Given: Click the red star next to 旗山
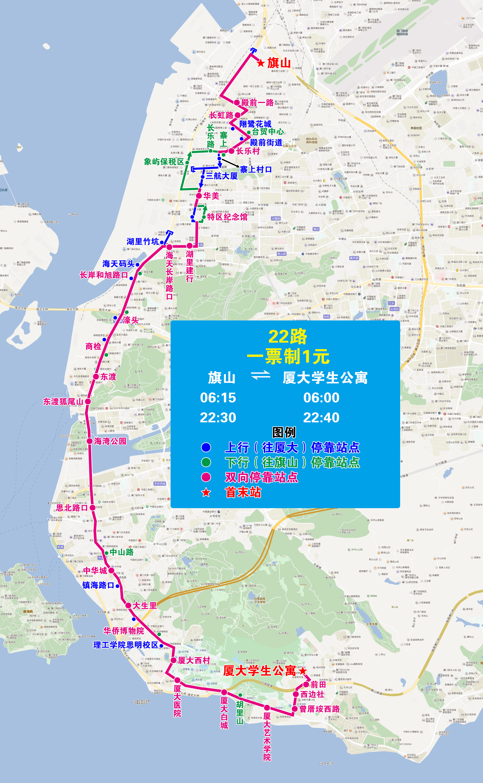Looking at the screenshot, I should coord(261,63).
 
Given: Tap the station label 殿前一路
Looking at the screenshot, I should coord(257,103).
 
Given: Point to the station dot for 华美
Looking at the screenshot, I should coord(199,196).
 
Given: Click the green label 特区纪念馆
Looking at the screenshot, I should coord(227,217).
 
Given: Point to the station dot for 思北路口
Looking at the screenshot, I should coord(93,508).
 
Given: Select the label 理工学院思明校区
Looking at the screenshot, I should coord(126,645).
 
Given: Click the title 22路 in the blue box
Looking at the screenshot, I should coord(287,336).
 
